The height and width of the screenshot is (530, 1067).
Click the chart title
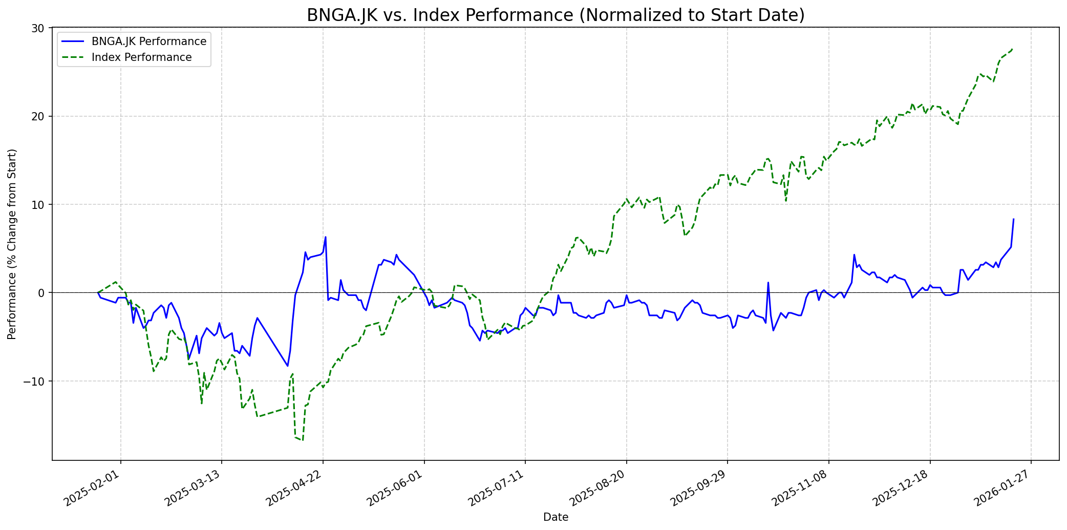coord(556,15)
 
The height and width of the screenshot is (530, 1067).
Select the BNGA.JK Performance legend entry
coord(148,41)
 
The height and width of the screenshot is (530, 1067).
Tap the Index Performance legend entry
coord(141,57)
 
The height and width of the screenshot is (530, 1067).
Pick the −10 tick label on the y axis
coord(36,381)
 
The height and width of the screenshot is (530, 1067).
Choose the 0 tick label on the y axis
coord(42,293)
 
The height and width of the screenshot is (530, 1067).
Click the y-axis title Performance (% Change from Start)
coord(12,244)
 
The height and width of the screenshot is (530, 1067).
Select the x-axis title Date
coord(556,517)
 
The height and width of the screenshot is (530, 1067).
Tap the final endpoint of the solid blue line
coord(1013,219)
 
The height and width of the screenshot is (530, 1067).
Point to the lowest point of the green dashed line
coord(303,440)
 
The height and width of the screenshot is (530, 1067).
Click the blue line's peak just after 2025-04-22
coord(326,237)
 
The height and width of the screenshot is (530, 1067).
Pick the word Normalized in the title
coord(626,15)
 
